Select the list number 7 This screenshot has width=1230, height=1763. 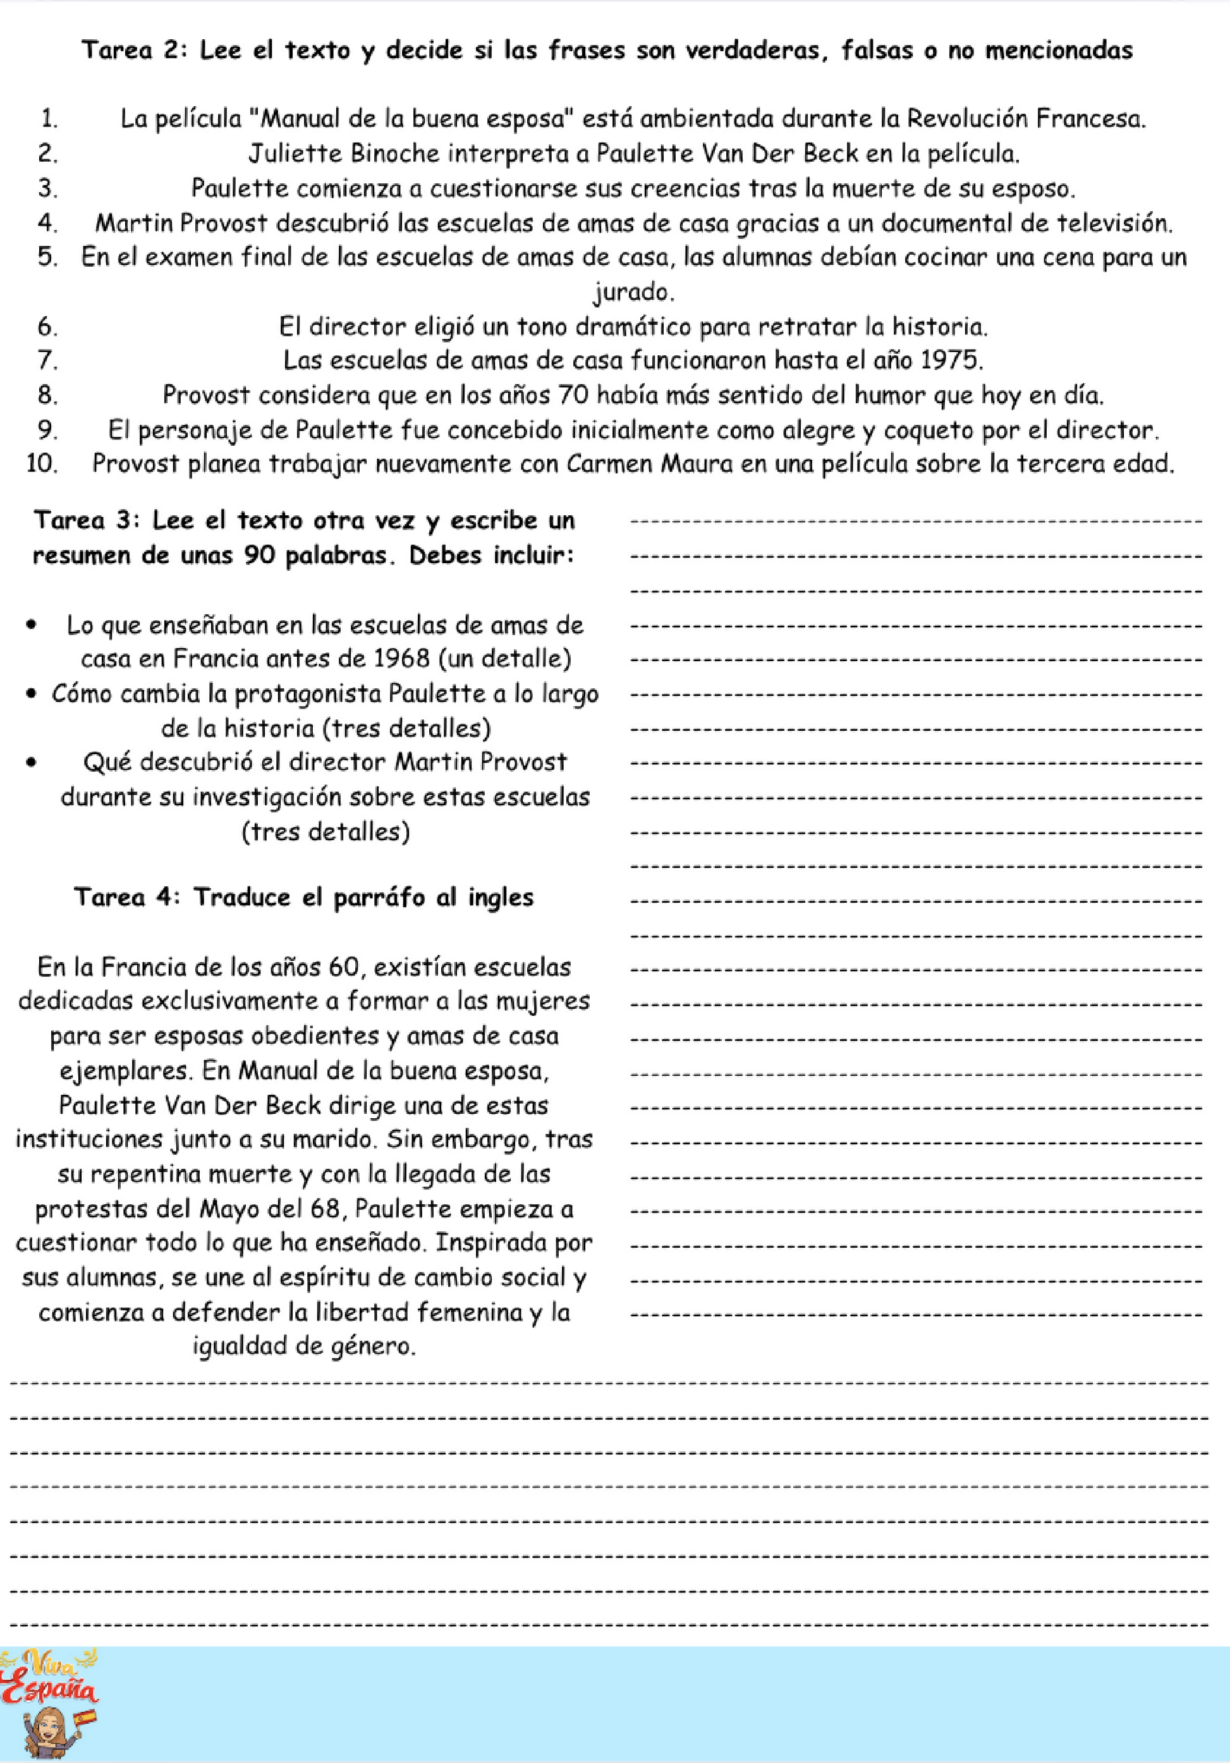[x=47, y=360]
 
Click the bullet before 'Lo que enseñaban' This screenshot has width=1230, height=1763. [x=31, y=625]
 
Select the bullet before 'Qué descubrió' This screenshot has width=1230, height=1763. [x=31, y=762]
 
